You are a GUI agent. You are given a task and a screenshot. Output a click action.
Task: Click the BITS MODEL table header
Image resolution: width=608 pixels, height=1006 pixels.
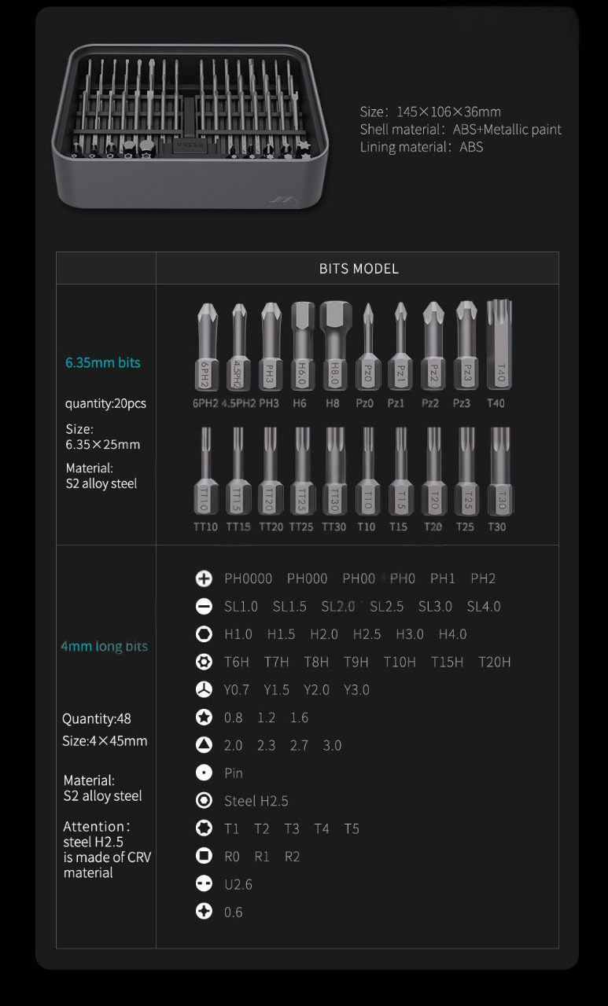(x=359, y=269)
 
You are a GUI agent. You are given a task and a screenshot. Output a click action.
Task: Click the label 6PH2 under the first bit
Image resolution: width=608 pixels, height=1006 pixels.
(x=205, y=403)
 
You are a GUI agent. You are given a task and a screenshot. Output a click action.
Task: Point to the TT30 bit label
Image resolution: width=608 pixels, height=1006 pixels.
(x=333, y=527)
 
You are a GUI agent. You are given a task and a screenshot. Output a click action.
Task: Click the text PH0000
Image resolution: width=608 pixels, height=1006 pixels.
(x=249, y=578)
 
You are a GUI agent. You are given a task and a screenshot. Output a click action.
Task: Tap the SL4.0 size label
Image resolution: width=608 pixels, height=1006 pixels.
(x=484, y=607)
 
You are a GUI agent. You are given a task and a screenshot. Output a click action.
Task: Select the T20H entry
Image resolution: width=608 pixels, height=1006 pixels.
(x=495, y=663)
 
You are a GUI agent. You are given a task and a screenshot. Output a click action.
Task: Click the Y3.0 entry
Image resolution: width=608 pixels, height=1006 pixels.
(x=356, y=690)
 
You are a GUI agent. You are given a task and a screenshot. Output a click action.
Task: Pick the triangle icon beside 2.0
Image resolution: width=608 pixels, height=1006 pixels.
(x=204, y=745)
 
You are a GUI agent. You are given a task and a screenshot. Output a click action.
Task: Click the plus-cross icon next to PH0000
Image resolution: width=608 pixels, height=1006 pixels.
(x=204, y=578)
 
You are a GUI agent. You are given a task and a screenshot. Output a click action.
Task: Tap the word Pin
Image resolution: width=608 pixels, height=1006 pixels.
(x=234, y=773)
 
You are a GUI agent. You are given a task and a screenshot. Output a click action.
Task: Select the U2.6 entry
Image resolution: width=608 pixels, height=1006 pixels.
(x=238, y=885)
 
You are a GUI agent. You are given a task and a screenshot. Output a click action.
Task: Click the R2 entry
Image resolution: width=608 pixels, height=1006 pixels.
(x=293, y=857)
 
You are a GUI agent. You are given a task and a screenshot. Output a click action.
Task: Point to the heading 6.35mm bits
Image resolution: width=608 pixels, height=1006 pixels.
(x=103, y=362)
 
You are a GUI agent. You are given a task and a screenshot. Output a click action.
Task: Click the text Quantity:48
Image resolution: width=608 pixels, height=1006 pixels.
(x=97, y=718)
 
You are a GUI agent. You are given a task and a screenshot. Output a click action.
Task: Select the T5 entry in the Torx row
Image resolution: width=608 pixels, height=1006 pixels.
(x=352, y=829)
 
